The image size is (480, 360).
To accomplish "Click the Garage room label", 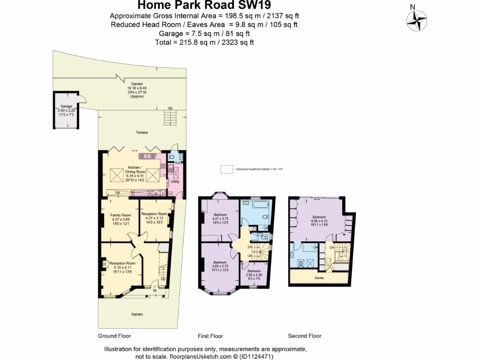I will [x=66, y=106].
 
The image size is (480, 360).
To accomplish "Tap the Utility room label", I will [x=174, y=181].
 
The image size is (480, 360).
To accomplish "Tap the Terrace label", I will [x=142, y=133].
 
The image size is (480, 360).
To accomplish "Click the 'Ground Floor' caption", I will [x=114, y=336].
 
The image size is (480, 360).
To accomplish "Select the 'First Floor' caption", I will [x=210, y=336].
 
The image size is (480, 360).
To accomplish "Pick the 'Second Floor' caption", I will [x=305, y=336].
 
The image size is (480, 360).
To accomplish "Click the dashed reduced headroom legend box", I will [x=226, y=169].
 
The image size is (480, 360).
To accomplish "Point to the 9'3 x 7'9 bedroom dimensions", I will [x=255, y=279].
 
